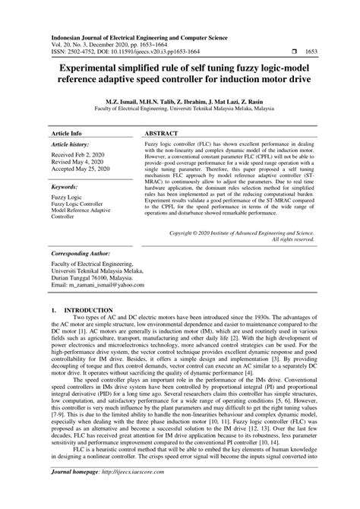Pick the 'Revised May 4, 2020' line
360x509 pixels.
pos(76,161)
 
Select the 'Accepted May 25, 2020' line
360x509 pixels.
pos(81,169)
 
